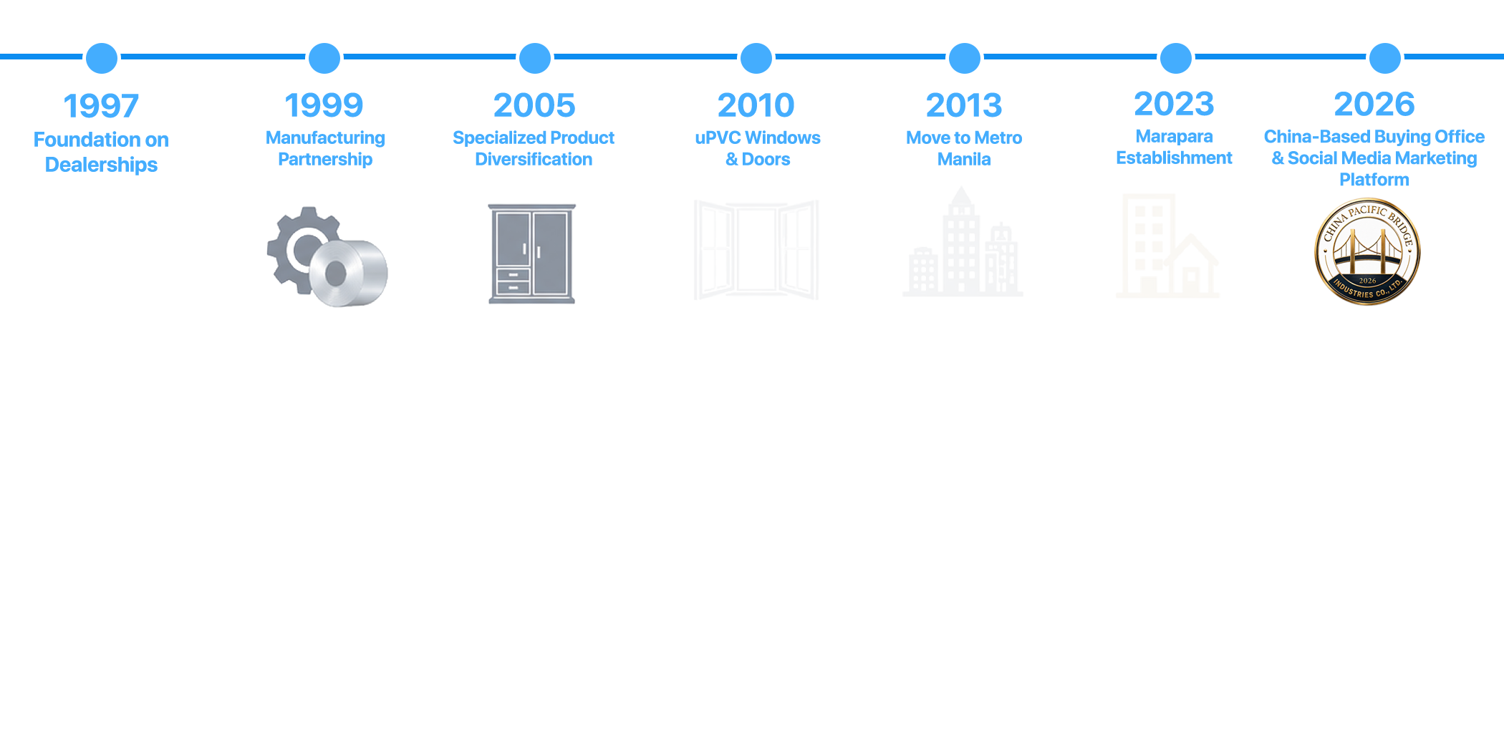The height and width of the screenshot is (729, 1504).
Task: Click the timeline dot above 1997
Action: pos(102,58)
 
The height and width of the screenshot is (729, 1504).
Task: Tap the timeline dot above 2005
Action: pos(535,58)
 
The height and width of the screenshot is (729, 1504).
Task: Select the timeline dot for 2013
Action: pos(965,58)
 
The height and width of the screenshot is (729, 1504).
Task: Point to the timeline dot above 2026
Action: pos(1385,58)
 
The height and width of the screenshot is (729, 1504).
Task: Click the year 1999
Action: pos(324,105)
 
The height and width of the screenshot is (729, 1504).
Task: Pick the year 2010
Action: pos(756,105)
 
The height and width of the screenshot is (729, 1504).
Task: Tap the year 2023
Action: pos(1175,104)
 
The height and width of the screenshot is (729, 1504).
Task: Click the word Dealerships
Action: pos(101,165)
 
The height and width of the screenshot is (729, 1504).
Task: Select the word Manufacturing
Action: pos(325,138)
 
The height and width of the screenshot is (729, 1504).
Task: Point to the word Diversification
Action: pos(534,159)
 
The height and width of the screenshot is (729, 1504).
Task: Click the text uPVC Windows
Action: pos(758,137)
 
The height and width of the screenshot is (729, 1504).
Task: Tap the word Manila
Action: pos(964,159)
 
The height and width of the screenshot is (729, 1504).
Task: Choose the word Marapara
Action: pos(1175,136)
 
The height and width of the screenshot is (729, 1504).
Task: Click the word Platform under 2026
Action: pos(1374,179)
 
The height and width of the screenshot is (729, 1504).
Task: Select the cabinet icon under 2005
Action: pos(532,254)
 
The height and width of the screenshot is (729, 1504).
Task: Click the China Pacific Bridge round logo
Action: pos(1367,251)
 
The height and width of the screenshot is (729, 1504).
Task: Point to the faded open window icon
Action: pos(756,249)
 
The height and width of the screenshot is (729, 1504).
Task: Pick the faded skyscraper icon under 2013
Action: pos(963,242)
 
